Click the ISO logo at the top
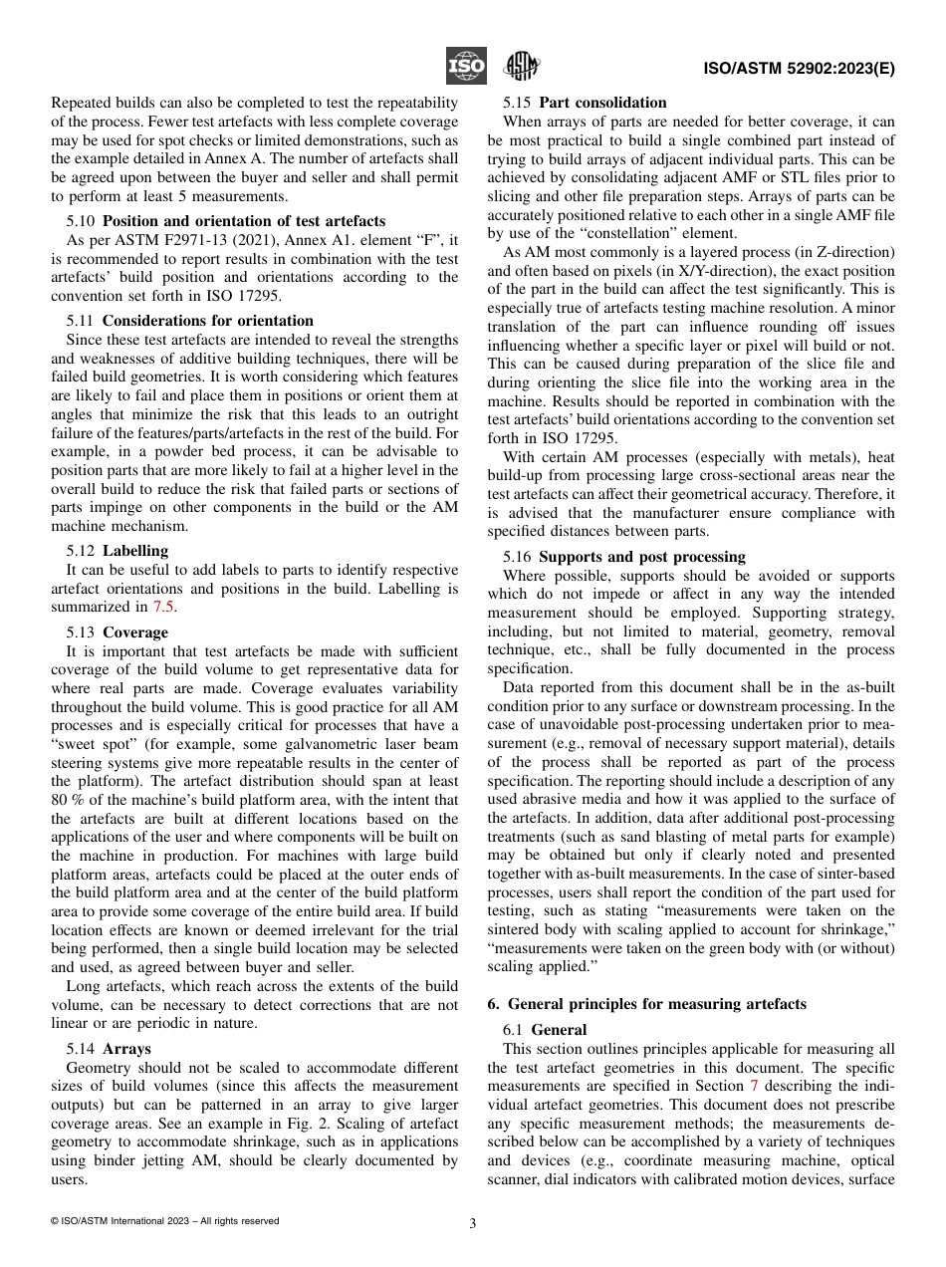click(465, 66)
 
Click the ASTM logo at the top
click(521, 67)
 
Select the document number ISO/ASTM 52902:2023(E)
click(799, 69)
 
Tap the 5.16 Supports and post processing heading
click(623, 557)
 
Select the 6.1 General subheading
click(545, 1030)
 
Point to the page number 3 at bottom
click(473, 1224)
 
